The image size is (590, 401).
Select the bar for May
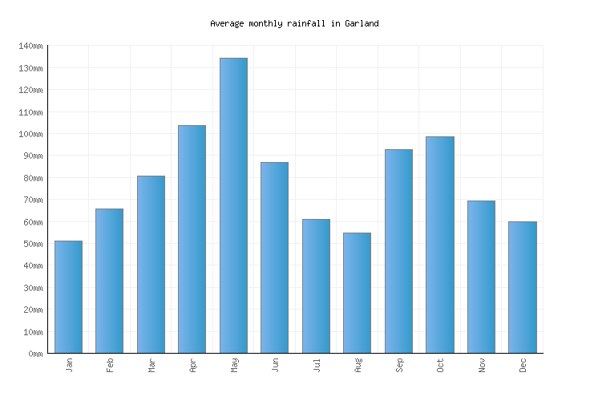point(233,205)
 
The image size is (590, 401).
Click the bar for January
point(68,297)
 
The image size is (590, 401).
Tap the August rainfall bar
point(357,293)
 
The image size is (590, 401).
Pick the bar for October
point(439,245)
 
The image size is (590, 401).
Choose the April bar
point(192,239)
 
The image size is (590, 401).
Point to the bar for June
point(274,257)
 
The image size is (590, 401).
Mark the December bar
point(522,287)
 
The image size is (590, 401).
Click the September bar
point(398,251)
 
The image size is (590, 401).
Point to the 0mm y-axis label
point(34,354)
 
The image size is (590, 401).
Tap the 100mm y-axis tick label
point(30,134)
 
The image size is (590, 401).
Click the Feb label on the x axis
point(111,365)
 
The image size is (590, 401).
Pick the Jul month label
point(317,365)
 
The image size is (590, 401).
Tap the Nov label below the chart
point(482,365)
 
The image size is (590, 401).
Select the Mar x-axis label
point(152,365)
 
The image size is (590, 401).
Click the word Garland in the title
point(362,24)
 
